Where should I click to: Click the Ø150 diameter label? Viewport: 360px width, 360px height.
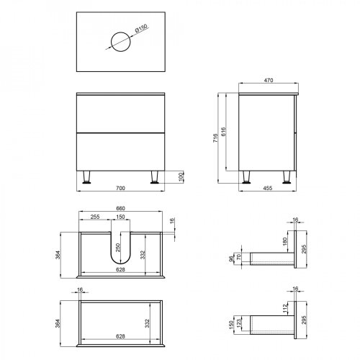pos(141,29)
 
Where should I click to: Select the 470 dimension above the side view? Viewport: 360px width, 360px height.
pos(269,80)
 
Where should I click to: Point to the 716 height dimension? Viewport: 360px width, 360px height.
pos(215,138)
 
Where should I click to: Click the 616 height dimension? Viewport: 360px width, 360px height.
pos(223,132)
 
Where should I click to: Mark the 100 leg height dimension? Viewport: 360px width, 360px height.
pos(181,176)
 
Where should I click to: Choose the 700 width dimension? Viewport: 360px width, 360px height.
pos(120,188)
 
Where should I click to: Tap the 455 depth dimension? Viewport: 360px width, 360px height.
pos(268,188)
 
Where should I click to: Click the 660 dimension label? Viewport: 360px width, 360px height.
pos(120,208)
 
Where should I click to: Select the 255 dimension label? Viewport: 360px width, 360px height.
pos(95,217)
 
